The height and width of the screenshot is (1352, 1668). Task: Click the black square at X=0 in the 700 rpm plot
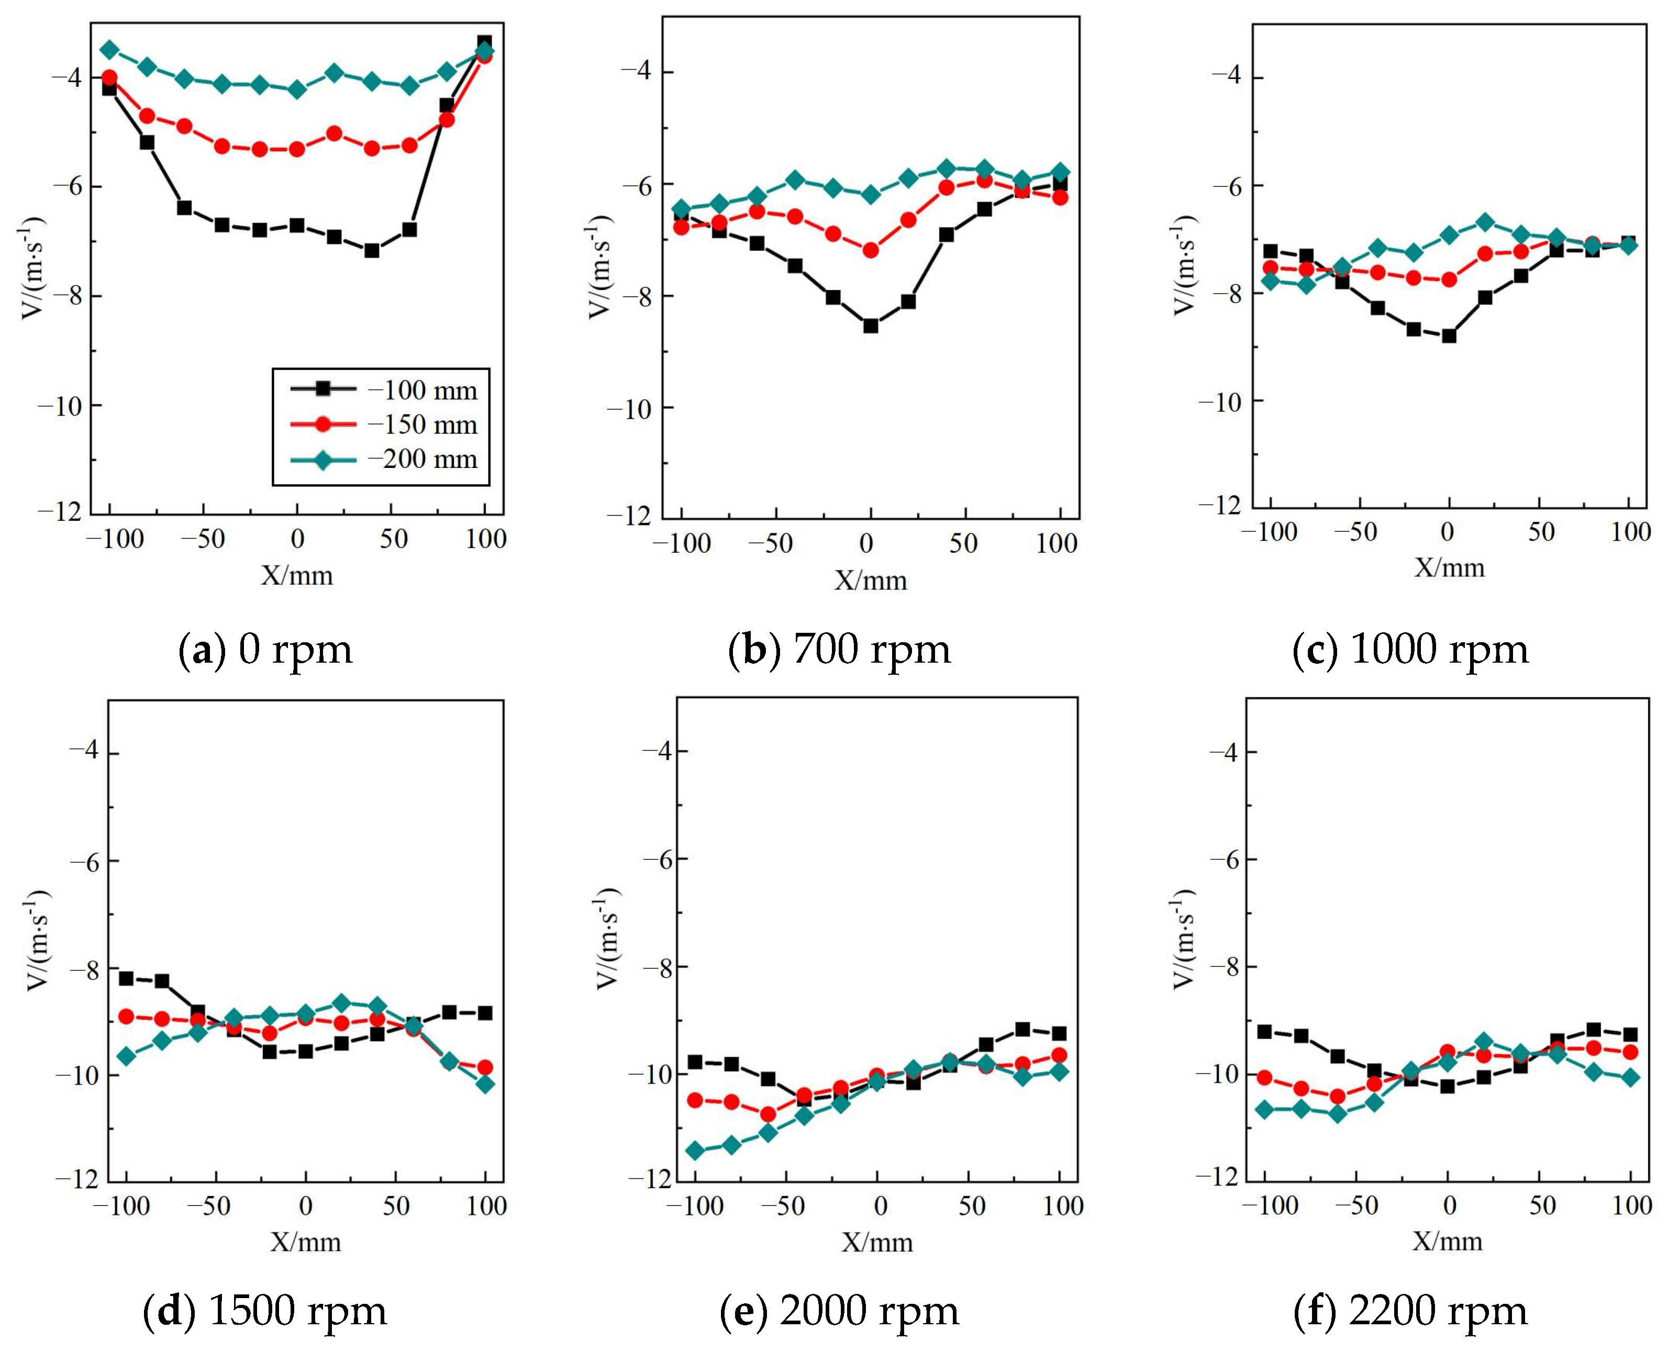(870, 326)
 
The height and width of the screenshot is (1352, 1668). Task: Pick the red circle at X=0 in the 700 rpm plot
(870, 250)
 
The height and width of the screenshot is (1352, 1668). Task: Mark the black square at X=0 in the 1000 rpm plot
(1448, 336)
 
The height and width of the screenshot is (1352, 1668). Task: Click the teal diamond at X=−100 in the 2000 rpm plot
(695, 1151)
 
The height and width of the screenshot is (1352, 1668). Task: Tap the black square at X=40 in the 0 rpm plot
(372, 250)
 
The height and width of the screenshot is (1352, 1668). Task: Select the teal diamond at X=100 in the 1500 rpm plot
(485, 1083)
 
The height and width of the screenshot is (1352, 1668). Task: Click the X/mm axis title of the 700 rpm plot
(870, 580)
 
